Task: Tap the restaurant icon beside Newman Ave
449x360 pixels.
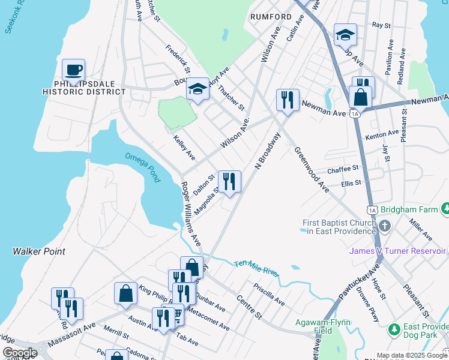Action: [288, 100]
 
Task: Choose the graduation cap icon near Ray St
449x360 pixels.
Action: [345, 35]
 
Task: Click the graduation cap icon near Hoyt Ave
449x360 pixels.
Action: [197, 89]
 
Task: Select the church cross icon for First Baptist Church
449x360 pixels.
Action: [384, 226]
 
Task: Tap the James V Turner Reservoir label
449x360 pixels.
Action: [397, 251]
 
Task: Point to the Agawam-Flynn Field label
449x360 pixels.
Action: [324, 326]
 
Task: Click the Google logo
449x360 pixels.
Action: [20, 352]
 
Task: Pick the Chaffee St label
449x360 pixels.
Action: [342, 170]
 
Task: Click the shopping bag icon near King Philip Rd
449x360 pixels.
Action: [125, 293]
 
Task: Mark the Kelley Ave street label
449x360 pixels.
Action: [184, 147]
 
